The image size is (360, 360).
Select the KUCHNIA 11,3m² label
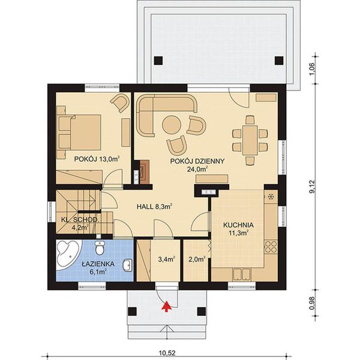pyautogui.click(x=239, y=229)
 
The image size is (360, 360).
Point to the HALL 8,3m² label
pyautogui.click(x=155, y=206)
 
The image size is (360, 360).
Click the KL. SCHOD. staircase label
pyautogui.click(x=79, y=223)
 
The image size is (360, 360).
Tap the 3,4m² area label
pyautogui.click(x=166, y=260)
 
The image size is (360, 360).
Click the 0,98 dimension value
pyautogui.click(x=312, y=302)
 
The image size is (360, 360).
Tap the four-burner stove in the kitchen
pyautogui.click(x=271, y=247)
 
